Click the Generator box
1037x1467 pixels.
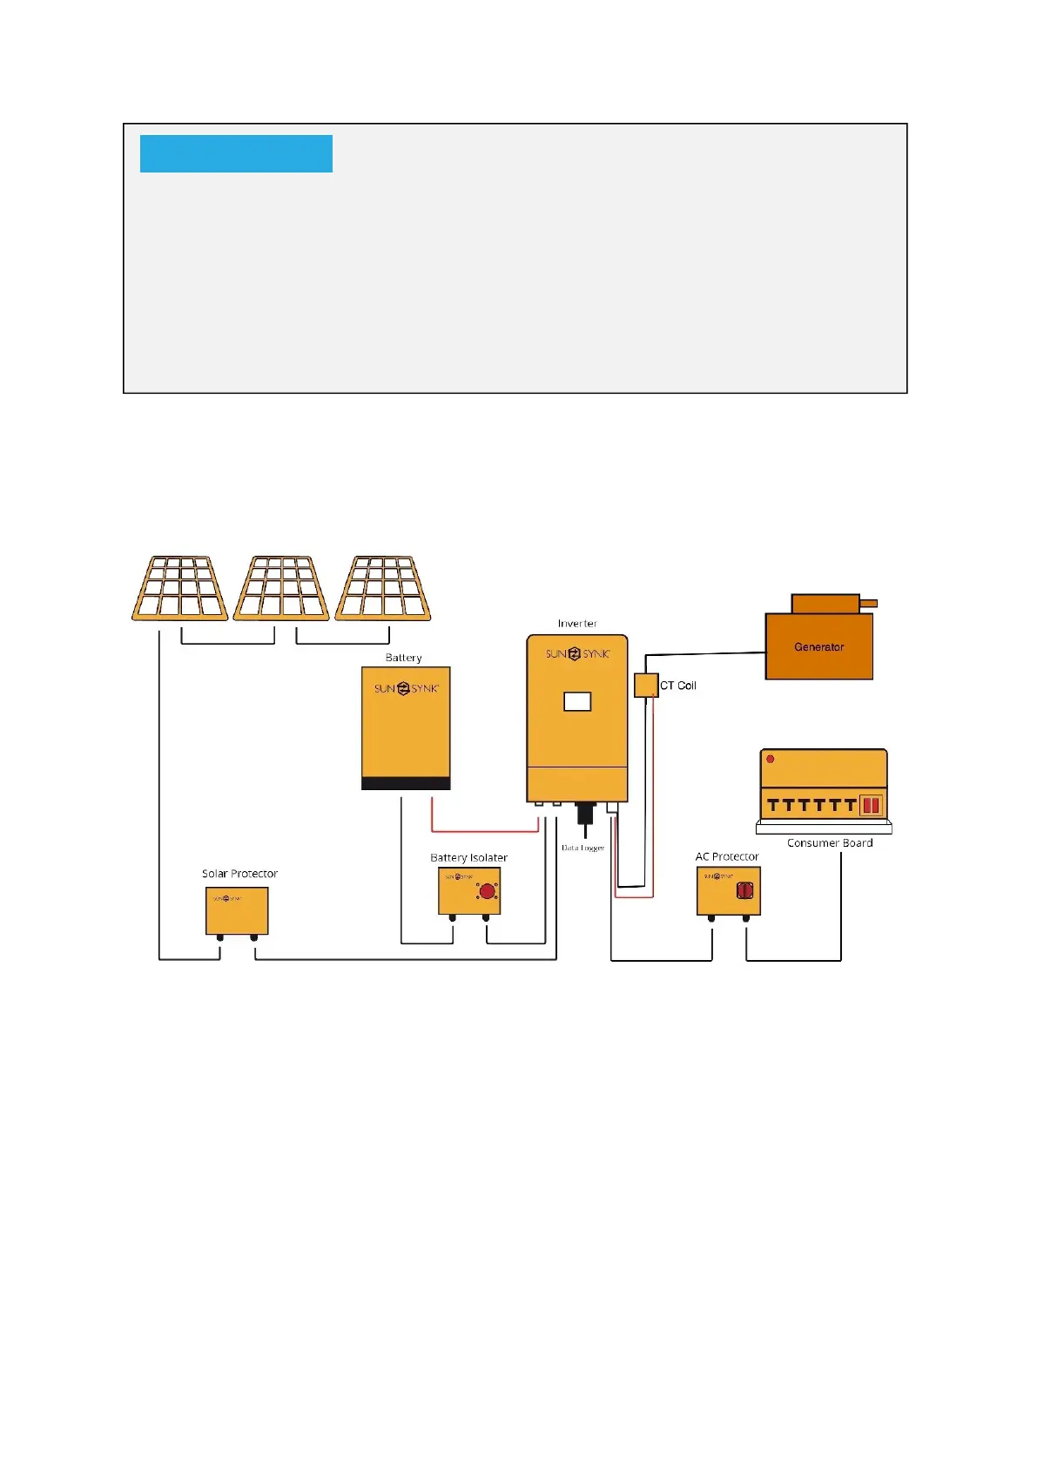point(818,646)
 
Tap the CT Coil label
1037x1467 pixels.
point(678,686)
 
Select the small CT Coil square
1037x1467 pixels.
point(646,686)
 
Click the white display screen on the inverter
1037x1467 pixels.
point(577,701)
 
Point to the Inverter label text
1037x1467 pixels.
point(577,624)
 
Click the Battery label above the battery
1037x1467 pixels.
point(403,658)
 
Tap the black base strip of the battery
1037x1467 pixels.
point(406,783)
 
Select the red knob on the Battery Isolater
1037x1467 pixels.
point(488,891)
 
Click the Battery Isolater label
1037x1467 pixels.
point(468,858)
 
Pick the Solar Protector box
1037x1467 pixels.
point(237,910)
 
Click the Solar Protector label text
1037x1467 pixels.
point(239,874)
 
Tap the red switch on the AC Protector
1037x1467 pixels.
point(745,890)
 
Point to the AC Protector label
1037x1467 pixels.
point(727,857)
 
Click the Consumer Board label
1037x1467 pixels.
point(830,843)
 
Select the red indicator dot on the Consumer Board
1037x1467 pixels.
point(770,760)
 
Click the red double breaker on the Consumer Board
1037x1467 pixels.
point(871,806)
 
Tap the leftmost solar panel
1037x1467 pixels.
point(180,588)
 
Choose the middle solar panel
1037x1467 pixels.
point(281,588)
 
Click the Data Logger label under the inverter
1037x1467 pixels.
point(583,848)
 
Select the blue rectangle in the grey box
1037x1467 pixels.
point(236,153)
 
